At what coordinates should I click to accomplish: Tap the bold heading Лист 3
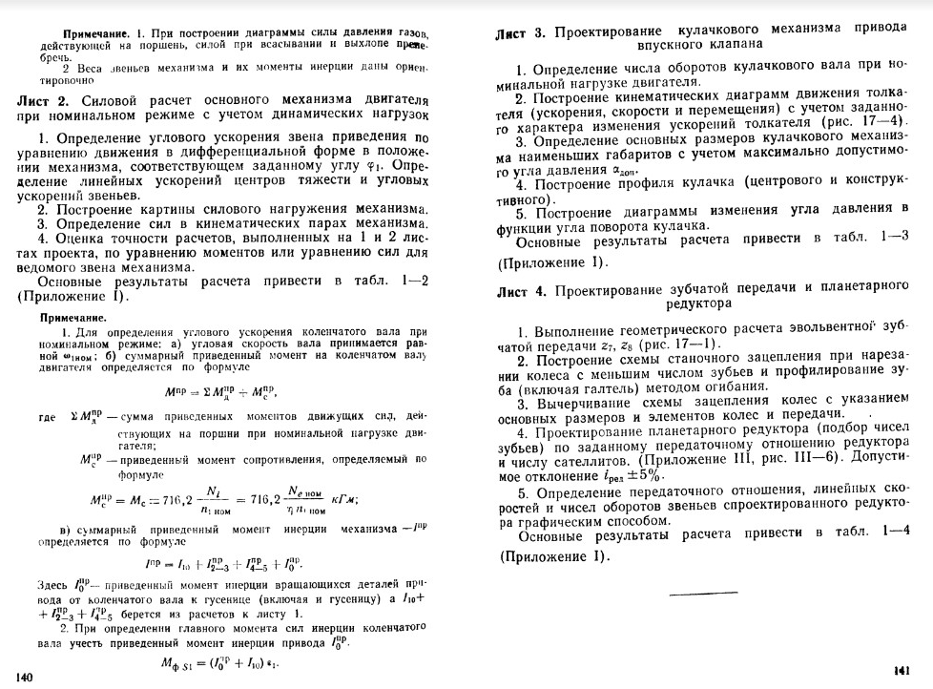521,34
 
